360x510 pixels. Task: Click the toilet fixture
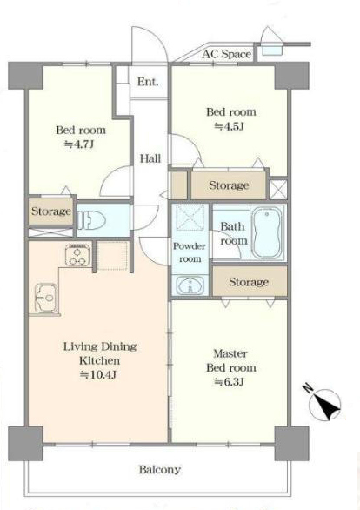pos(92,220)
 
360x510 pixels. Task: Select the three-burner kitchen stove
pos(77,255)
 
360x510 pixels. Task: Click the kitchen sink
pos(45,298)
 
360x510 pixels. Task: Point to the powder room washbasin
pos(190,285)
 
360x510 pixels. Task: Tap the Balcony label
pos(159,470)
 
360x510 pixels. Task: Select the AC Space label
pos(226,54)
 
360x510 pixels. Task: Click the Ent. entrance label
pos(148,82)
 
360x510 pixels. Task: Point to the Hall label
pos(150,158)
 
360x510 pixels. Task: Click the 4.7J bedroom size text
pos(80,144)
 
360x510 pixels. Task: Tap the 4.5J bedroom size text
pos(229,126)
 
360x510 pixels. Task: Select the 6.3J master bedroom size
pos(229,381)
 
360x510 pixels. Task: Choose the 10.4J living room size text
pos(98,375)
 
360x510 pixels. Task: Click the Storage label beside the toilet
pos(51,211)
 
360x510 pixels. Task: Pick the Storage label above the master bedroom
pos(249,282)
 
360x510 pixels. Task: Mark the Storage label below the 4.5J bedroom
pos(229,185)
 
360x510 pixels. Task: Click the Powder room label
pos(190,252)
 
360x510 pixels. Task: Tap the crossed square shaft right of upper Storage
pos(278,189)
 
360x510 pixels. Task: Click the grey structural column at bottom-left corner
pos(25,444)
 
